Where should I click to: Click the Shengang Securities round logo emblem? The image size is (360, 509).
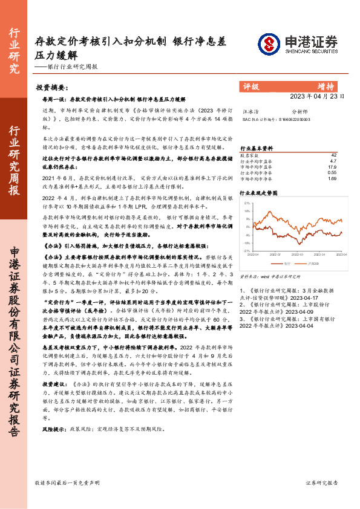269,44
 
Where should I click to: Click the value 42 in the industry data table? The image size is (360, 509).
332,155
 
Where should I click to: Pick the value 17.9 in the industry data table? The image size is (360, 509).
332,167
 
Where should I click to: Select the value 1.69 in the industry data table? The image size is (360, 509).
332,179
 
